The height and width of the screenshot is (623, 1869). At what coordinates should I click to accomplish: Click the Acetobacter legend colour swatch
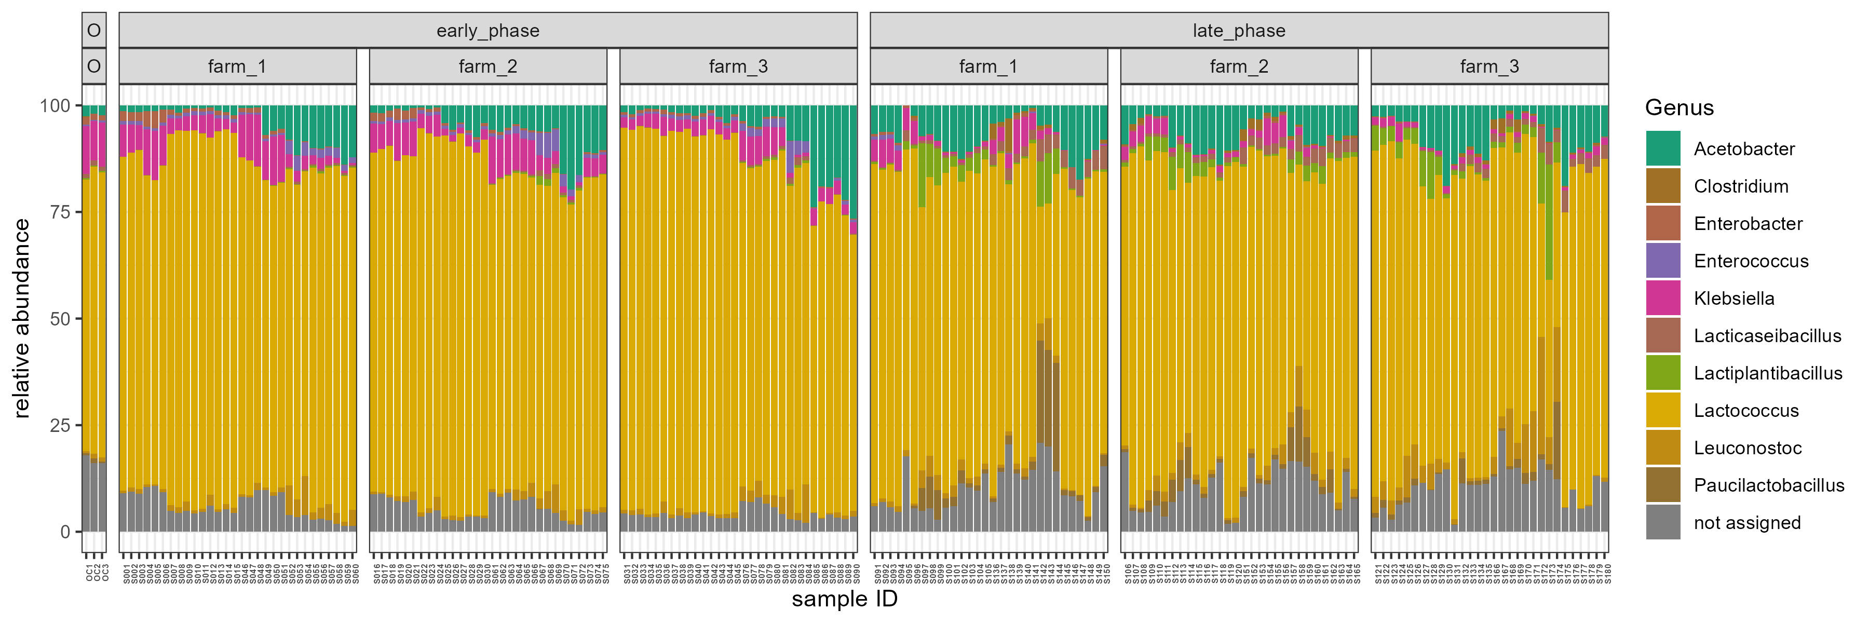1662,148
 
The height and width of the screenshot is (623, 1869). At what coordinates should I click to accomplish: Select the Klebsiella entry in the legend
1733,298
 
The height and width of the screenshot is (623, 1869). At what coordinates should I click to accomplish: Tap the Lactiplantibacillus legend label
1767,373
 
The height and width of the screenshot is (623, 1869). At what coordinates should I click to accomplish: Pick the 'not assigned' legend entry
1746,522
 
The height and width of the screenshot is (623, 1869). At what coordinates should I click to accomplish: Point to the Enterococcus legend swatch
1662,261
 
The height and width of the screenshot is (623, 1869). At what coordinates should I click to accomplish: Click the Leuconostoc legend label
1747,448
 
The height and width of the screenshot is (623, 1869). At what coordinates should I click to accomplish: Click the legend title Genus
1679,107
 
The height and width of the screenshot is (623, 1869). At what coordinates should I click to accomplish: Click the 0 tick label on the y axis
65,532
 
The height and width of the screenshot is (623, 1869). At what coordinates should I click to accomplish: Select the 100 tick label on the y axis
55,106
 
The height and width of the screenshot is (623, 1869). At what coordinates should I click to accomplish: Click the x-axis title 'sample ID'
845,599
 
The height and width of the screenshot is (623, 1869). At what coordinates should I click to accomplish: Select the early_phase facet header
487,31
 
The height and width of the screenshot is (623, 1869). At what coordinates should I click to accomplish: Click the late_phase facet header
1239,31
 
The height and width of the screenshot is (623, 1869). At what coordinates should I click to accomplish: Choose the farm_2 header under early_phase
487,67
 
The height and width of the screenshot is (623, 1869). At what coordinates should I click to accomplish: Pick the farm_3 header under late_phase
1489,67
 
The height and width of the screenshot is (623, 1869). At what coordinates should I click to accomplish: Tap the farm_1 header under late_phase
988,67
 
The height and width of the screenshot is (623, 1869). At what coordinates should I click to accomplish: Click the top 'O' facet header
93,31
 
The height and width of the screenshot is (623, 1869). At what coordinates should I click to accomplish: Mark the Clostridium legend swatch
1662,186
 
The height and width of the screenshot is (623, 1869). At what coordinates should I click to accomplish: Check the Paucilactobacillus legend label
1768,485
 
